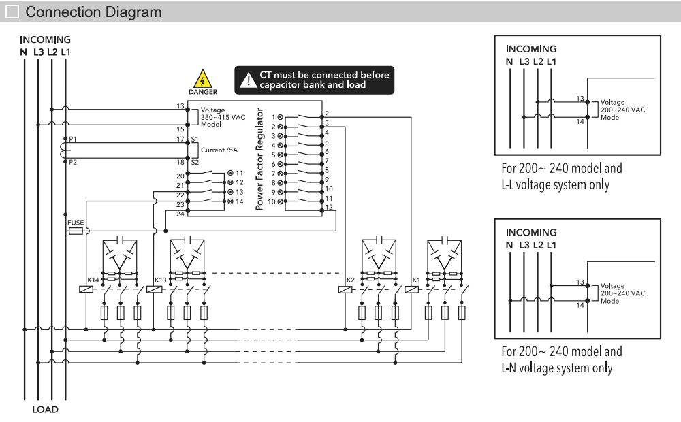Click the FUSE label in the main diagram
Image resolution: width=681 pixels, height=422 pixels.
click(75, 222)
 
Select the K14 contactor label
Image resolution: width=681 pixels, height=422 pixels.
click(93, 280)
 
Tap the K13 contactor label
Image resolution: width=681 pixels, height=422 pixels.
click(160, 280)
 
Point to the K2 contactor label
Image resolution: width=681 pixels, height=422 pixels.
click(351, 280)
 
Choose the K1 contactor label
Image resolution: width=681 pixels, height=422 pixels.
click(416, 280)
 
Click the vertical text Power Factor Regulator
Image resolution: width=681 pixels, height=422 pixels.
click(259, 159)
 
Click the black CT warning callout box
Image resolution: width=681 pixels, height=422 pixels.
click(315, 80)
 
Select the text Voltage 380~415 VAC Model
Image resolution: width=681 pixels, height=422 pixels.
click(223, 117)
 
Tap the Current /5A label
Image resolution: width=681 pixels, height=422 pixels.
click(220, 149)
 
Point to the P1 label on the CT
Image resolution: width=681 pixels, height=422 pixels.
click(73, 138)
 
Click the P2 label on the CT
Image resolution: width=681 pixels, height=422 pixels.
click(73, 163)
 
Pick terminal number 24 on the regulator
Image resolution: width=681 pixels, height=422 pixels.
click(180, 214)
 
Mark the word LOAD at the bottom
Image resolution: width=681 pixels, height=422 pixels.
click(46, 410)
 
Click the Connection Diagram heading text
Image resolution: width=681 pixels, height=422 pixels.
click(93, 12)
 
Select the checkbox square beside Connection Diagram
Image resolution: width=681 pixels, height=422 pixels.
click(12, 12)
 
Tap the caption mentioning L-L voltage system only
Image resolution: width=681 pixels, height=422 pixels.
click(562, 176)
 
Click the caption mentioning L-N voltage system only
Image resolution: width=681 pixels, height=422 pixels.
click(562, 360)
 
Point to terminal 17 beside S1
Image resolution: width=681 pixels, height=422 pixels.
click(180, 140)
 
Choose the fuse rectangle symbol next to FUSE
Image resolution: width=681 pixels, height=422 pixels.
click(76, 231)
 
